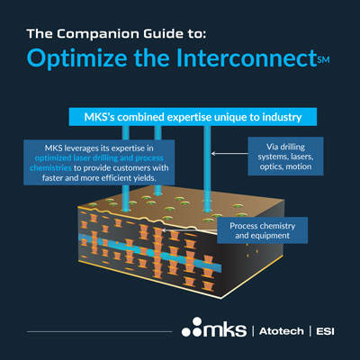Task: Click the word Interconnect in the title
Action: pos(247,58)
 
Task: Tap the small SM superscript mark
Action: pos(323,59)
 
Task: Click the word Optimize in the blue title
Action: pos(77,58)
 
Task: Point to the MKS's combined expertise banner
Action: pos(193,117)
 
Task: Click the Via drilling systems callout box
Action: pos(285,157)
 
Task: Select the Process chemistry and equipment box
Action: pos(263,230)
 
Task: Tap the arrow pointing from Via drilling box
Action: pos(229,154)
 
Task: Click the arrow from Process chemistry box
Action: pos(189,230)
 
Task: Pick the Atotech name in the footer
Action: pos(282,331)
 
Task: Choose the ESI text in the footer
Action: pos(325,331)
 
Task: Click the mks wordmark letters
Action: pos(224,330)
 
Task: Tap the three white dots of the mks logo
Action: pos(192,328)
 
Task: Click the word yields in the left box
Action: pos(145,178)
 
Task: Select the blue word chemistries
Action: pos(50,168)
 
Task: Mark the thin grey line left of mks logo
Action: pos(100,331)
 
